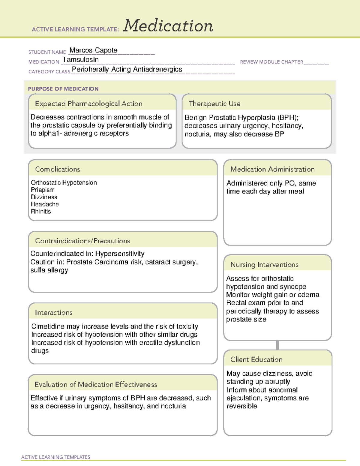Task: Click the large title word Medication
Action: (168, 26)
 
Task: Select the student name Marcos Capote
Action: (93, 50)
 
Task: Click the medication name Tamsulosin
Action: (80, 60)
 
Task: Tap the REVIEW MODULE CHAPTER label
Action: (271, 62)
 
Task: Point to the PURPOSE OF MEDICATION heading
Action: (63, 89)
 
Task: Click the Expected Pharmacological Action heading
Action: (88, 104)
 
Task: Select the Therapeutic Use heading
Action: (214, 104)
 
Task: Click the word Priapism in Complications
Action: (43, 190)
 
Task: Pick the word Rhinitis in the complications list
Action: (41, 212)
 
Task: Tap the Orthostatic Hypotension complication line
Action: (64, 183)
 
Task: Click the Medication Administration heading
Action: (272, 169)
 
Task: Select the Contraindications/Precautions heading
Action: (82, 241)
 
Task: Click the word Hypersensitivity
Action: (120, 254)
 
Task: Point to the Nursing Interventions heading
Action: (264, 265)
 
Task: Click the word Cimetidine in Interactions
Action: (48, 326)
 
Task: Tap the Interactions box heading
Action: (53, 313)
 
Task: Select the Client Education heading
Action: (256, 359)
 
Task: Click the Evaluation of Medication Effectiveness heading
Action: (96, 384)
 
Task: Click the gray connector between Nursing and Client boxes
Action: (277, 345)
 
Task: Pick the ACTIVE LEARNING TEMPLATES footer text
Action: (56, 457)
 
